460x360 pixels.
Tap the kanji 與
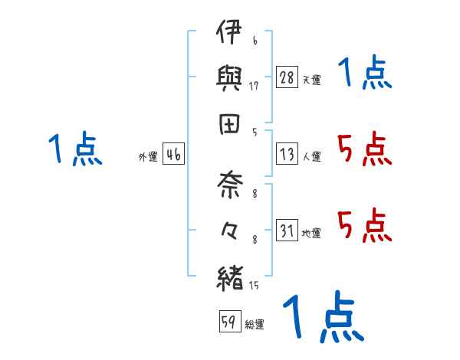230,77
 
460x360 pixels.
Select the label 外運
148,158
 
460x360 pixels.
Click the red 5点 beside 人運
365,149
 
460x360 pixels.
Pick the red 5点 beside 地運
365,225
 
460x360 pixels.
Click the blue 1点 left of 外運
74,149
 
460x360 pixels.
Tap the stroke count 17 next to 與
254,86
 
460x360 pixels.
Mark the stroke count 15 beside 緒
254,285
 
